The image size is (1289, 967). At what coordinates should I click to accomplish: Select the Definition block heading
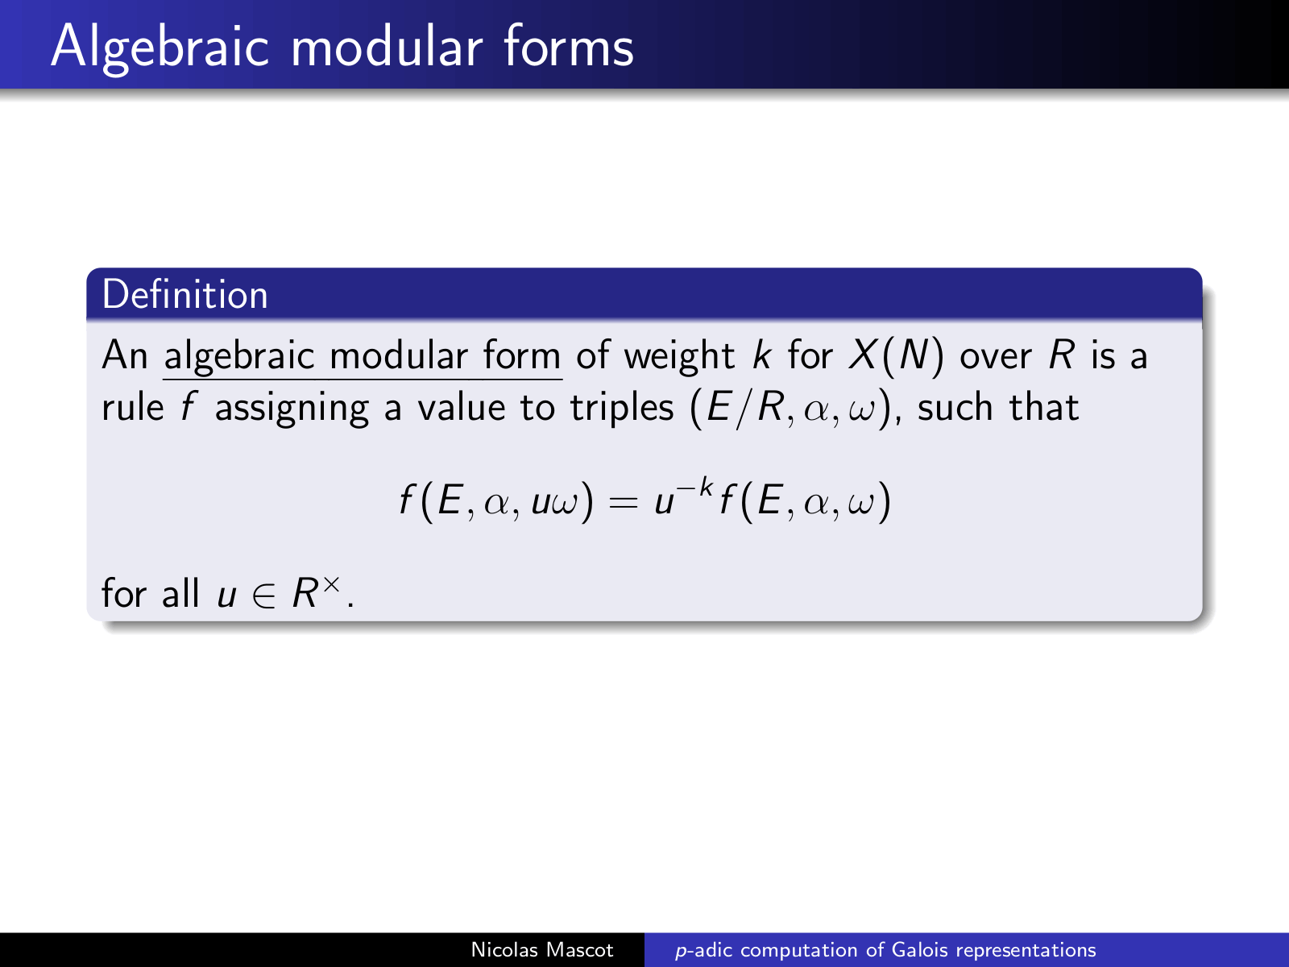pos(185,294)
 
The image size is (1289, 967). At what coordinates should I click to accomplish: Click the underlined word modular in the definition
pos(399,355)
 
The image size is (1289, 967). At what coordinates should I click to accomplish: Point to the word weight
pos(679,356)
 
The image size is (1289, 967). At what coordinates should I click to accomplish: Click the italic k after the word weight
pos(761,355)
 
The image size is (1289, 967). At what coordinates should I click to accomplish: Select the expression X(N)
pos(896,356)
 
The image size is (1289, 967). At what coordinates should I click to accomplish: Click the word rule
pos(133,407)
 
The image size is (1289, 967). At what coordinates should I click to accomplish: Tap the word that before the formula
pos(1043,407)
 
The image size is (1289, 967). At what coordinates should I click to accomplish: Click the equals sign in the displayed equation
pos(623,503)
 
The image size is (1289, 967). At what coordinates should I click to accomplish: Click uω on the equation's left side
pos(555,503)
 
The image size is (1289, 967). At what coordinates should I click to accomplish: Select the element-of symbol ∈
pos(263,594)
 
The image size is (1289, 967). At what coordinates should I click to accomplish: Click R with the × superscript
pos(316,591)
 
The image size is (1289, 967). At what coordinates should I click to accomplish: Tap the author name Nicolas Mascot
pos(542,950)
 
